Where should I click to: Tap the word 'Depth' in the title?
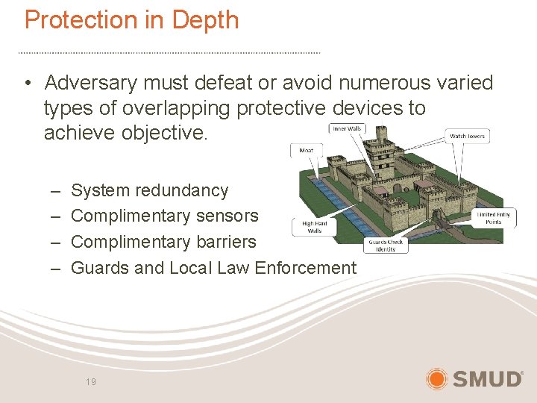[204, 20]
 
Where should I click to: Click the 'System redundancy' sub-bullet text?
[149, 190]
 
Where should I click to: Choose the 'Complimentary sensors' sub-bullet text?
[164, 216]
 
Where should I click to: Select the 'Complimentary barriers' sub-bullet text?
[163, 242]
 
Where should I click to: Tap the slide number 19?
[91, 381]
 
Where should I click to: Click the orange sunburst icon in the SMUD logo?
[437, 378]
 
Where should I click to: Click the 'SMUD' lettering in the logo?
[487, 379]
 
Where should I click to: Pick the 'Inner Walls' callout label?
[347, 129]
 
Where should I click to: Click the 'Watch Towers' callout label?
[466, 136]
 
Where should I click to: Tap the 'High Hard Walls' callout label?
[314, 227]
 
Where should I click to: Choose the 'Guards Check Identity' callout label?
[385, 246]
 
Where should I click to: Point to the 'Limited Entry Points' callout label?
[493, 218]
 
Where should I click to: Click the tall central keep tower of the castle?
[386, 153]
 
